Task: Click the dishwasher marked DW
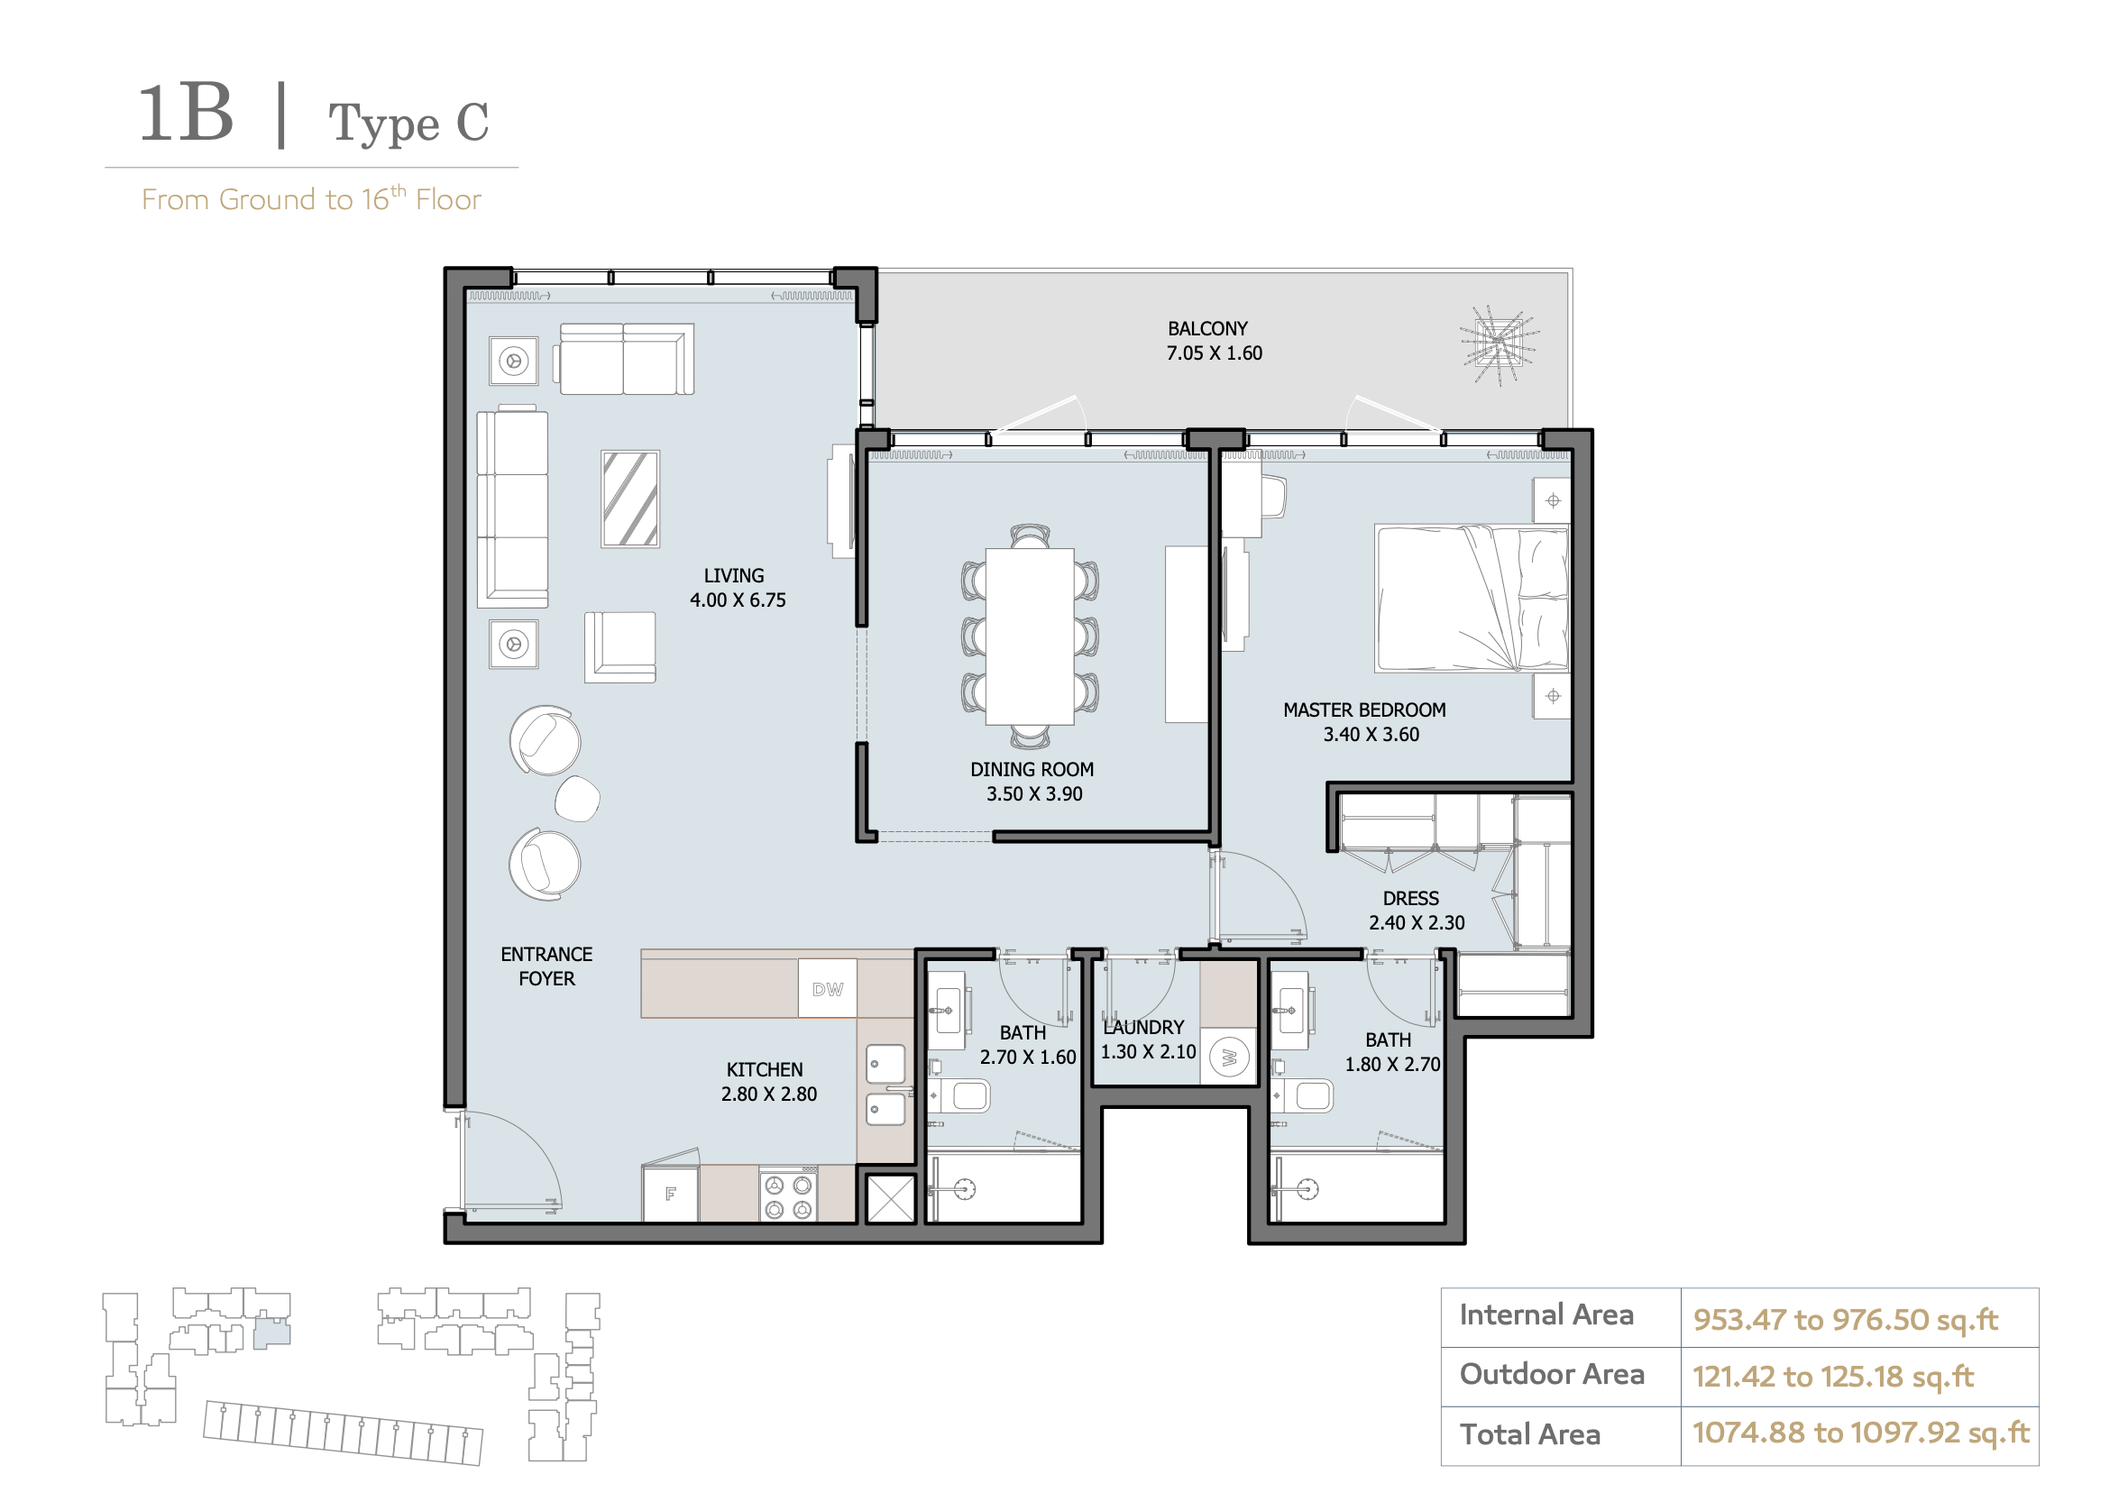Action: (x=827, y=988)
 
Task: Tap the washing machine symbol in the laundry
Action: (x=1228, y=1057)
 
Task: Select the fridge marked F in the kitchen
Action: (x=670, y=1194)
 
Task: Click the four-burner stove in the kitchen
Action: (x=788, y=1195)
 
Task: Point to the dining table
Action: (x=1029, y=636)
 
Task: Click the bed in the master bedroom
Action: (x=1471, y=599)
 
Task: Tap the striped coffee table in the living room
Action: (x=630, y=499)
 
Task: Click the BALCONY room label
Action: (x=1206, y=328)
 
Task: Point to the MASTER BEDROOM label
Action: (x=1364, y=710)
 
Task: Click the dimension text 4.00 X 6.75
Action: (x=737, y=600)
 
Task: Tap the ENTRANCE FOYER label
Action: (x=546, y=966)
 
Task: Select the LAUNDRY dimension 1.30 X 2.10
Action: (x=1147, y=1051)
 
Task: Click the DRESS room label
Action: (x=1409, y=898)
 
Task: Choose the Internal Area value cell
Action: (x=1858, y=1317)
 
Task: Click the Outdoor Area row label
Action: (x=1551, y=1373)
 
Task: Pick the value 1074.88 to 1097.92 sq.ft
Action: (x=1860, y=1432)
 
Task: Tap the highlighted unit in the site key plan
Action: (x=271, y=1333)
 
